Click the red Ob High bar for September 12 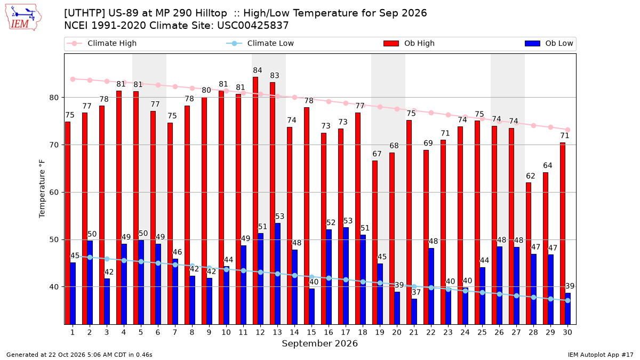click(255, 201)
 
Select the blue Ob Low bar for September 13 click(277, 274)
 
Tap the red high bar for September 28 click(529, 253)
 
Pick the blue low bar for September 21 click(414, 311)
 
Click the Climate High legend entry click(101, 43)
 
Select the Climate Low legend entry click(260, 43)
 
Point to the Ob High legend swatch click(391, 43)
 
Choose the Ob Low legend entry click(549, 43)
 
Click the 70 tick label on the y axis click(54, 145)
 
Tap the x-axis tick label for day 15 click(311, 332)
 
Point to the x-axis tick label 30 click(567, 332)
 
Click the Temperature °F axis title click(42, 189)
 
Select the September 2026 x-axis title click(319, 343)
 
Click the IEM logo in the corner click(23, 18)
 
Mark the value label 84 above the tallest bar click(258, 70)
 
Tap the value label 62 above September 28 click(531, 176)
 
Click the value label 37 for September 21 click(417, 292)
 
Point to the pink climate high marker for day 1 click(73, 79)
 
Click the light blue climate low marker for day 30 click(567, 301)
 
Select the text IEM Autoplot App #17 click(601, 355)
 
